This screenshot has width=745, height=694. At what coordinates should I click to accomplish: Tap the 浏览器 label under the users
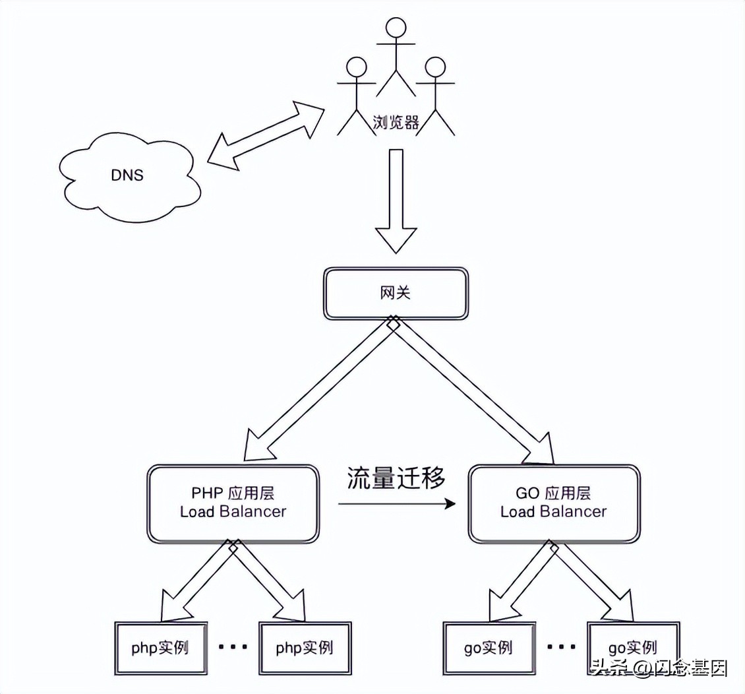(396, 123)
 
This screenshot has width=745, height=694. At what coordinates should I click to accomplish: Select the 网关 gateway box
(396, 293)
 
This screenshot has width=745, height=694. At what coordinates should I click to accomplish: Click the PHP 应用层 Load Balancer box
(233, 503)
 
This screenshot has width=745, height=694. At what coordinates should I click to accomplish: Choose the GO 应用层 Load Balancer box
(553, 503)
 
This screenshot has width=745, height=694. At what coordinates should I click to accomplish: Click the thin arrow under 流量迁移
(396, 505)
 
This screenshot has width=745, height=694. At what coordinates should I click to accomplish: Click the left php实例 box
(160, 647)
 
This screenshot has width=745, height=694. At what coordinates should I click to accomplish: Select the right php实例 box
(305, 647)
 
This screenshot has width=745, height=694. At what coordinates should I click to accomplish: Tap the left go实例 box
(487, 647)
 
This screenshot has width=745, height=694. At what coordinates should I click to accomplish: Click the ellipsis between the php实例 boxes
(233, 647)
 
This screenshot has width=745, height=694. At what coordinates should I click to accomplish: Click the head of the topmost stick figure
(396, 27)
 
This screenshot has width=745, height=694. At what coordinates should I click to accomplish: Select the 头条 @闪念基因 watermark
(659, 668)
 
